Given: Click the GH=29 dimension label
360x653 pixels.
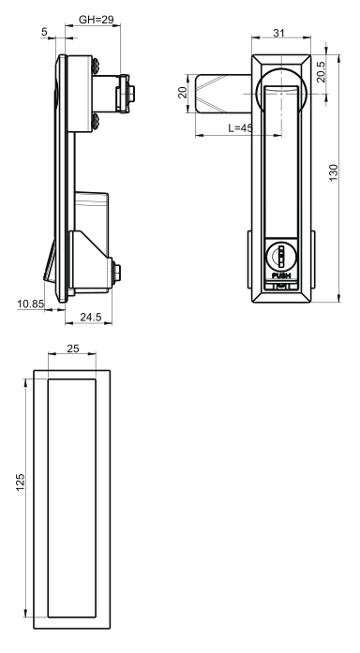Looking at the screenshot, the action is point(96,19).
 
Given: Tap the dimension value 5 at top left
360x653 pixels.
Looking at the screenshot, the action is point(45,32).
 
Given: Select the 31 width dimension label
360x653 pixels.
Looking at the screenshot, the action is point(278,33).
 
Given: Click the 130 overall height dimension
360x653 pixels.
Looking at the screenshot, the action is point(334,172).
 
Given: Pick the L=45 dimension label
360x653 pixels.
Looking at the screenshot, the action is point(240,127).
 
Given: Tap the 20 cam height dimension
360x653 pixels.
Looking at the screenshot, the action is point(183,93).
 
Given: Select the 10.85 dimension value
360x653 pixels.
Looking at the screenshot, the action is point(30,304).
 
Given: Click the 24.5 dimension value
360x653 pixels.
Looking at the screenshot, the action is point(90,317).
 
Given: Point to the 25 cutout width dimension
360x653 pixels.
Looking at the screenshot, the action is point(72,349).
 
